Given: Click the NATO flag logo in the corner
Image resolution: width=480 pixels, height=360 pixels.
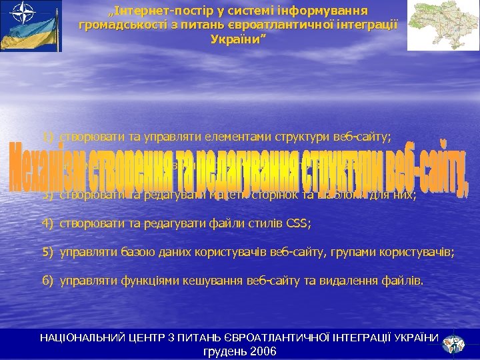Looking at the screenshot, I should pyautogui.click(x=31, y=25).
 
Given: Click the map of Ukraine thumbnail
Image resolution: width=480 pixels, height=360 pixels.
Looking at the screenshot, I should pyautogui.click(x=442, y=25).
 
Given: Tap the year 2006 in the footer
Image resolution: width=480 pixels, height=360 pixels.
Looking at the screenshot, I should pyautogui.click(x=263, y=351).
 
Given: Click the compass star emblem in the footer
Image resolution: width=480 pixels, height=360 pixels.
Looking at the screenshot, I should pyautogui.click(x=455, y=342).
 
